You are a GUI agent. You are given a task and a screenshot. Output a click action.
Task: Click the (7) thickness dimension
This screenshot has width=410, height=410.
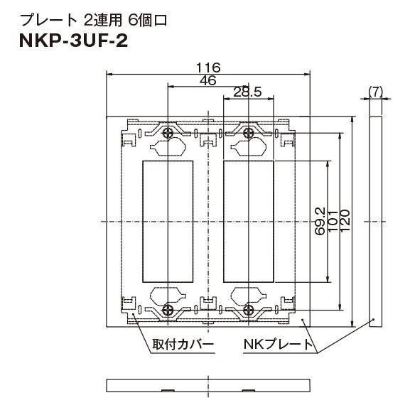point(376,90)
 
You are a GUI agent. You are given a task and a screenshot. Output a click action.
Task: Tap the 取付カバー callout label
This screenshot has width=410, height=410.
point(183,345)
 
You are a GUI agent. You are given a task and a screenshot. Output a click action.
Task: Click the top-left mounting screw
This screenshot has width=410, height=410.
point(168,134)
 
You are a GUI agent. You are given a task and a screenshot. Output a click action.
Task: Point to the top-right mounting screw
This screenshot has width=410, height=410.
point(249,134)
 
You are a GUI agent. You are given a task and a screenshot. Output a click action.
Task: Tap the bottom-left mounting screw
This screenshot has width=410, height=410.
point(168,308)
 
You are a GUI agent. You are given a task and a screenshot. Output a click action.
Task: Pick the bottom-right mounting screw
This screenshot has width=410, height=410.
point(249,308)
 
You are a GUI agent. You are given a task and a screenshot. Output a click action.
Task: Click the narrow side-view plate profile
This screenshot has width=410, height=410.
point(376,220)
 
